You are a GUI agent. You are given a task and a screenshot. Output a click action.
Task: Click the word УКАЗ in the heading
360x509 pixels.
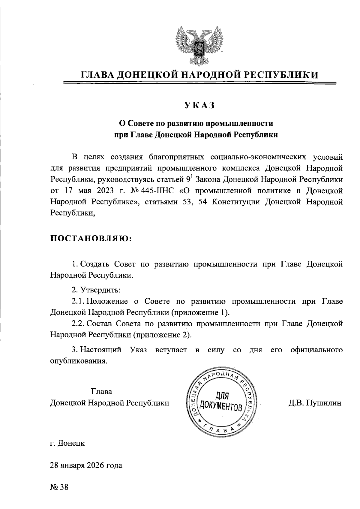[199, 106]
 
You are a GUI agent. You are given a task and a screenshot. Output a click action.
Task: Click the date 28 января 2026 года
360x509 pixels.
[86, 465]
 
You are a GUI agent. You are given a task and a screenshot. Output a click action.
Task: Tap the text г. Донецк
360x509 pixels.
[67, 443]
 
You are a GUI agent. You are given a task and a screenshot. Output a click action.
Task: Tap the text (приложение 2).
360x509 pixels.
[162, 335]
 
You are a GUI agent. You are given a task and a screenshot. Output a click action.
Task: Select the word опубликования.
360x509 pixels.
[78, 361]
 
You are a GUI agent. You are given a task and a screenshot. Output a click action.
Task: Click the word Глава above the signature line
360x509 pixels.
[101, 392]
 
